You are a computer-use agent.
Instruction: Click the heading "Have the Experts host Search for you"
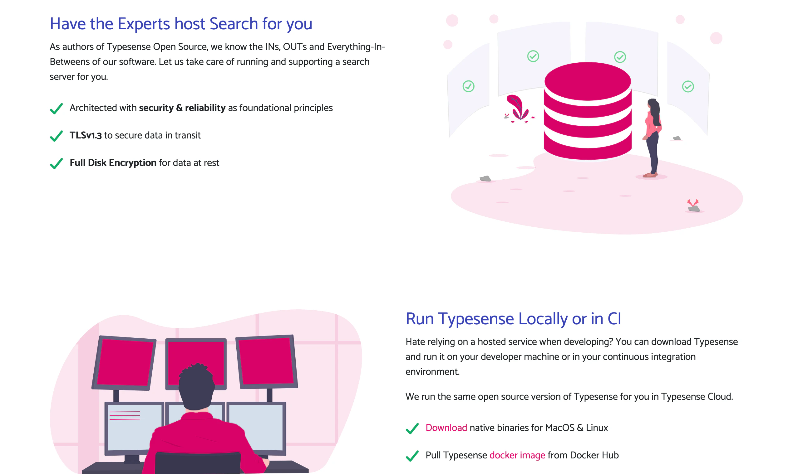pos(181,24)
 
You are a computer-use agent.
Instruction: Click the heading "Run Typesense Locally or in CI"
pos(513,319)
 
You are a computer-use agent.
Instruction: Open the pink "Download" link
pos(446,428)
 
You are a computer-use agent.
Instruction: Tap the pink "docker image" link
pos(517,455)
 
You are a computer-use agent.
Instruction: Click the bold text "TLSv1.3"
pos(86,135)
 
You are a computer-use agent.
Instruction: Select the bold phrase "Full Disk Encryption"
pos(113,163)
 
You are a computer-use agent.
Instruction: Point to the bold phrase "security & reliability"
pos(182,108)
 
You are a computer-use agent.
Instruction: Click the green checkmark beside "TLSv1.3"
pos(56,136)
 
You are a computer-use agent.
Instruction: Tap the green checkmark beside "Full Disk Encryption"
pos(56,163)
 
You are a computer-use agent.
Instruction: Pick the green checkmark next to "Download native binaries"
pos(412,428)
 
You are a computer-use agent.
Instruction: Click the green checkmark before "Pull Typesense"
pos(412,456)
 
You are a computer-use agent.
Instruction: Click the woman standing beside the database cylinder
pos(652,137)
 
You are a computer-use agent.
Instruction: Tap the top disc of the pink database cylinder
pos(588,80)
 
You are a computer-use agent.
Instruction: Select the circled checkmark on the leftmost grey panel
pos(468,86)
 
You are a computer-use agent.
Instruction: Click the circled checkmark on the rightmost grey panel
pos(688,87)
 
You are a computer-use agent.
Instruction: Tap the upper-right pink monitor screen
pos(266,361)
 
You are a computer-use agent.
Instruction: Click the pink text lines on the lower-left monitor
pos(125,415)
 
